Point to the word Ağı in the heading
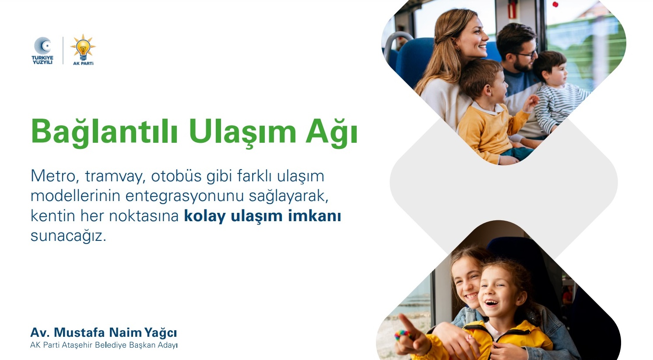[332, 132]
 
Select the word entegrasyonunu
[185, 197]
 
